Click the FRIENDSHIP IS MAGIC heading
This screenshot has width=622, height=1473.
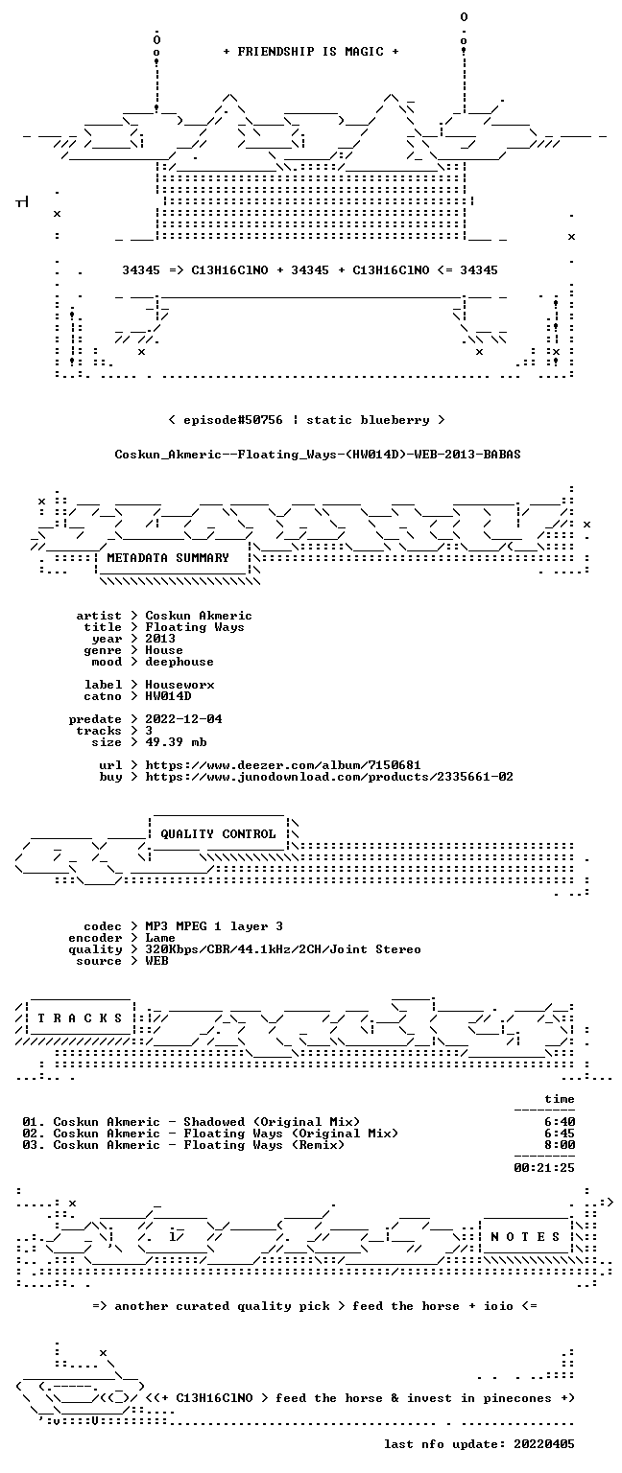tap(311, 51)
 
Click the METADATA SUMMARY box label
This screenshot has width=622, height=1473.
tap(168, 557)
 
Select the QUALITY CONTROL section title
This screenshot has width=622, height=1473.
tap(218, 833)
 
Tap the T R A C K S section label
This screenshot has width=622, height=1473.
tap(81, 1017)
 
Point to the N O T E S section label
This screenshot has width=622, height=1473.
tap(525, 1236)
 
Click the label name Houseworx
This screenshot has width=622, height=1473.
tap(179, 685)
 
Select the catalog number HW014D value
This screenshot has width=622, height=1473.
tap(169, 695)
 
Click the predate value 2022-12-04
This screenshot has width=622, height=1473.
tap(183, 718)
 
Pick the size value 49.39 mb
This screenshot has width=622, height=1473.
tap(176, 741)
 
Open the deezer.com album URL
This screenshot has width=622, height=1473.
tap(283, 764)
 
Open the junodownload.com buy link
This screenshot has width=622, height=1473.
tap(329, 777)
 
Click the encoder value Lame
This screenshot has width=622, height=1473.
tap(160, 938)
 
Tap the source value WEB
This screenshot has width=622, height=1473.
tap(156, 961)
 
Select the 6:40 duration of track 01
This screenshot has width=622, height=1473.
tap(560, 1122)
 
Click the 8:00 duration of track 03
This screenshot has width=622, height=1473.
tap(560, 1145)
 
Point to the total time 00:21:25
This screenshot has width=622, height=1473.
tap(544, 1168)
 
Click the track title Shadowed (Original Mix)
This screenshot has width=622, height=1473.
tap(272, 1122)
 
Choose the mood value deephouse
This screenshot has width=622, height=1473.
tap(179, 662)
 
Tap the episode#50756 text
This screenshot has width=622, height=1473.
tap(233, 419)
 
